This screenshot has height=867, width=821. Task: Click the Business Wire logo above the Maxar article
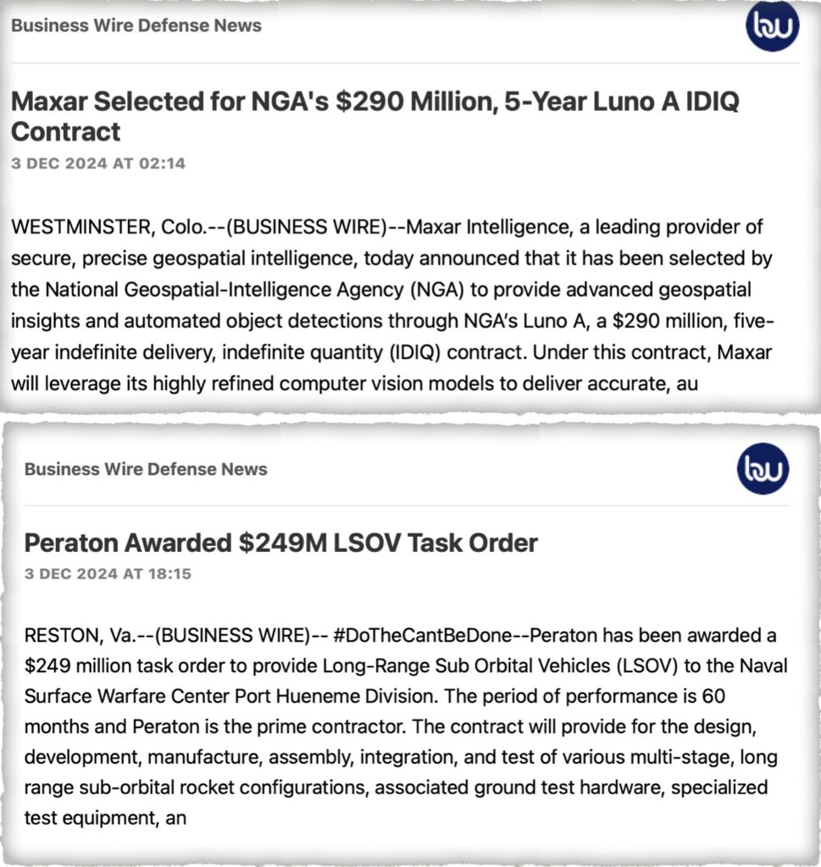tap(772, 26)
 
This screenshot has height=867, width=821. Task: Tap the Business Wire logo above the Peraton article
tap(762, 468)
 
